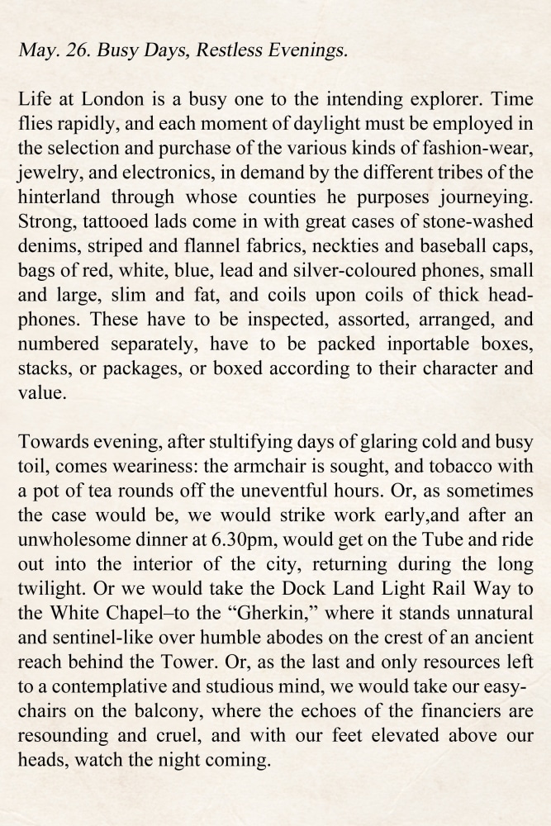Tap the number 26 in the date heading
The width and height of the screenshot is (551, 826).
75,50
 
